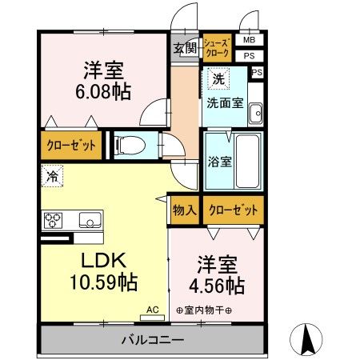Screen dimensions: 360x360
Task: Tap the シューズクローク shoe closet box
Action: [217, 47]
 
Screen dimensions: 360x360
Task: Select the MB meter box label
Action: [250, 40]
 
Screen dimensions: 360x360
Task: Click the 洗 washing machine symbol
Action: [215, 79]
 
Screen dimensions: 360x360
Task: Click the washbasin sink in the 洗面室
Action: [256, 114]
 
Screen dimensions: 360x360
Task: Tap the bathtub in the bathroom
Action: [247, 160]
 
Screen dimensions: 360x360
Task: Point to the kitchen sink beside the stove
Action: [89, 220]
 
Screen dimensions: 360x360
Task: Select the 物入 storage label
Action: [184, 210]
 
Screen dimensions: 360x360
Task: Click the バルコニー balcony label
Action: [153, 339]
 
